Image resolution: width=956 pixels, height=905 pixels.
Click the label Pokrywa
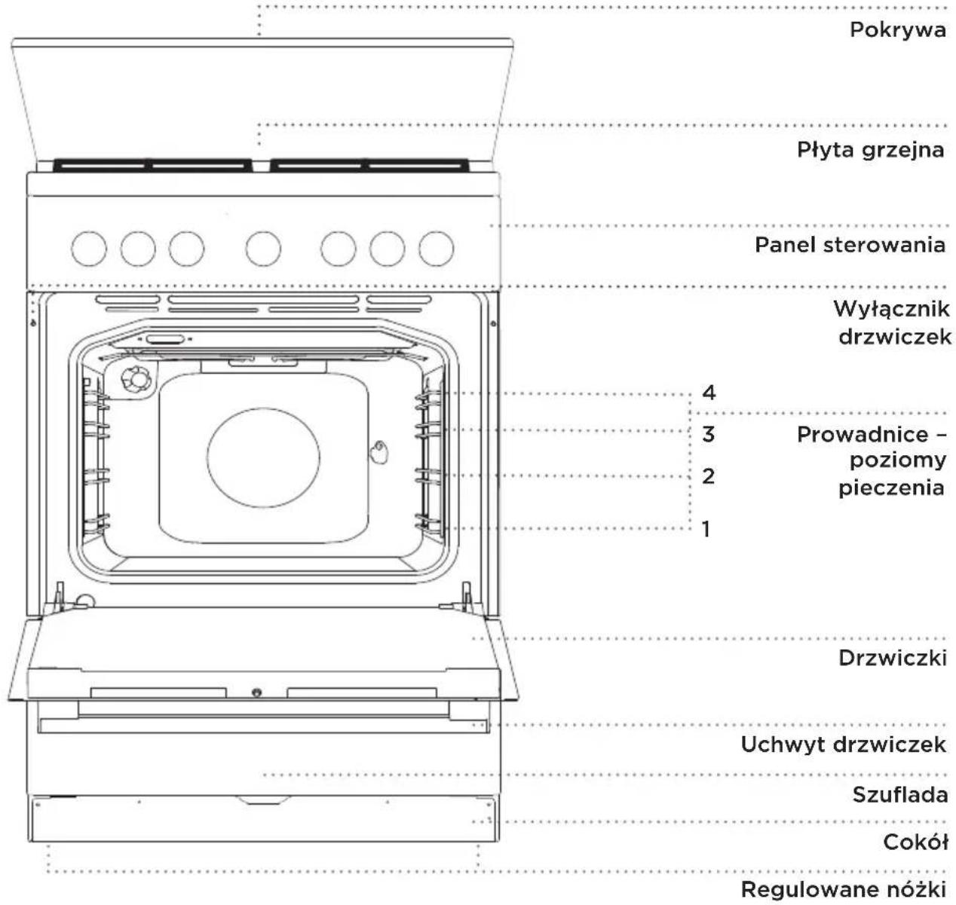[x=898, y=30]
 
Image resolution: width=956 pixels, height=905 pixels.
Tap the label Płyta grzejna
[x=870, y=150]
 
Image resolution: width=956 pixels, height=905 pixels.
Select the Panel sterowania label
[x=850, y=244]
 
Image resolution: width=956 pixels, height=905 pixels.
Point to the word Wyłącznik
[x=891, y=310]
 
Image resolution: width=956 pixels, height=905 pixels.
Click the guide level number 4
[x=709, y=393]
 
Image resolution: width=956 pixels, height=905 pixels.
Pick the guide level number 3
[x=709, y=434]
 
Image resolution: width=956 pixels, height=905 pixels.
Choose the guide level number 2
[x=709, y=475]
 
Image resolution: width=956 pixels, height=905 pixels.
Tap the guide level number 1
[x=706, y=529]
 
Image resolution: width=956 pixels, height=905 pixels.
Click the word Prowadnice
[x=863, y=435]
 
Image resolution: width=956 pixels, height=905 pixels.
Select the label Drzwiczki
[x=893, y=658]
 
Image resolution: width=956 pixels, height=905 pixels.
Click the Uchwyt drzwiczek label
[x=843, y=744]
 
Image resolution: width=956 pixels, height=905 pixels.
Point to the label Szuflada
[x=900, y=795]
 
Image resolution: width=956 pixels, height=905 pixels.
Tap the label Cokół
[x=915, y=842]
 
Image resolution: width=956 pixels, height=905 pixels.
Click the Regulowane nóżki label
[x=843, y=889]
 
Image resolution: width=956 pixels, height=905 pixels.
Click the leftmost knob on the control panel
[x=88, y=249]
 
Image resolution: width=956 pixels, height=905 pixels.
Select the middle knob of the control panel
[x=263, y=249]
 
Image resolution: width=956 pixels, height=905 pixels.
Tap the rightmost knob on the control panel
[x=437, y=249]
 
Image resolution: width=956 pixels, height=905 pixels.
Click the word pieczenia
[x=891, y=488]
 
